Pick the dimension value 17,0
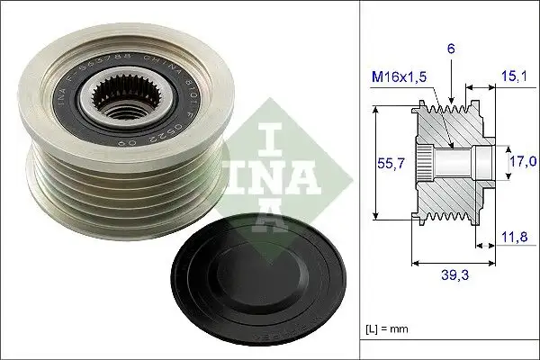click(522, 162)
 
